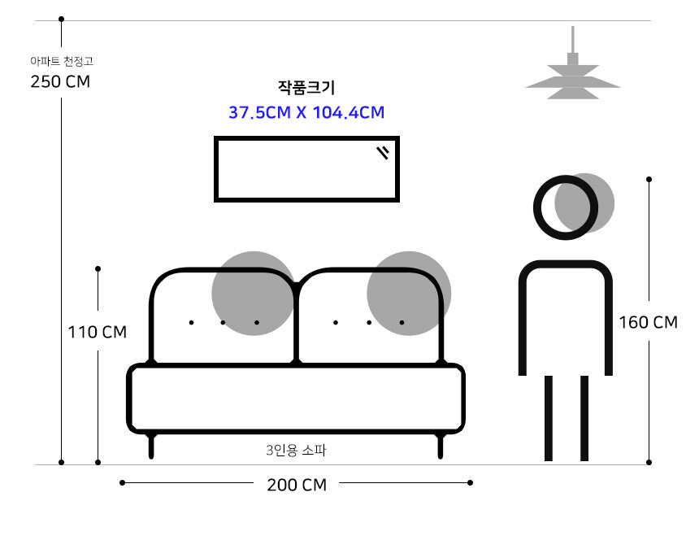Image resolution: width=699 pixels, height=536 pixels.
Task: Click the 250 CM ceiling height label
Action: (x=60, y=81)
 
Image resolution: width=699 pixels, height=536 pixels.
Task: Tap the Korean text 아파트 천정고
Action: (x=62, y=61)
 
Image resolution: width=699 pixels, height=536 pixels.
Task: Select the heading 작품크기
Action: (x=306, y=87)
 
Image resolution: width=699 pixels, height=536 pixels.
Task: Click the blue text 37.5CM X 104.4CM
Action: (x=306, y=112)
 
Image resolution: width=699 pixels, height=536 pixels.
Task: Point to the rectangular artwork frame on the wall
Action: (x=306, y=169)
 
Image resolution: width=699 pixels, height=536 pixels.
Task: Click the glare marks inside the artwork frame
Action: (x=383, y=152)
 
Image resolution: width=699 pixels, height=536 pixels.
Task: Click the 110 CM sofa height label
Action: (x=98, y=332)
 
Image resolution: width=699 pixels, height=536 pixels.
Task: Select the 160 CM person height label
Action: (x=648, y=322)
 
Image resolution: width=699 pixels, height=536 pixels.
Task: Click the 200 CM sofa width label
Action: (x=297, y=485)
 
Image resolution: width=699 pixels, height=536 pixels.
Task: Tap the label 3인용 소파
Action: (x=296, y=450)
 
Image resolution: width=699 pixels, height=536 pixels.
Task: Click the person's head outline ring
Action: (x=566, y=207)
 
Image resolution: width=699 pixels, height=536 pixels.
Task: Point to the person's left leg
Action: (x=549, y=418)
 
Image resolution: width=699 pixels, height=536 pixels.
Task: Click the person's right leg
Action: (x=584, y=418)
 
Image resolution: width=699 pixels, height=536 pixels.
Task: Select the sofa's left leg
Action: (x=151, y=446)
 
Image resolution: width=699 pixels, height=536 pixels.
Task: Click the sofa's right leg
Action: (x=441, y=446)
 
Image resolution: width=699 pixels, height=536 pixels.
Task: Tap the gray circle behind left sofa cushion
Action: (x=254, y=294)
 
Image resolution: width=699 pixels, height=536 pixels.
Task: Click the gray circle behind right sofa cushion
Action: (x=409, y=294)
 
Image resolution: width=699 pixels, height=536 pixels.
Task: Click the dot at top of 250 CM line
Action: (x=62, y=20)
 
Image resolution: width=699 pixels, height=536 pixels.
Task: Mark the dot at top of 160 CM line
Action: (x=649, y=179)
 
